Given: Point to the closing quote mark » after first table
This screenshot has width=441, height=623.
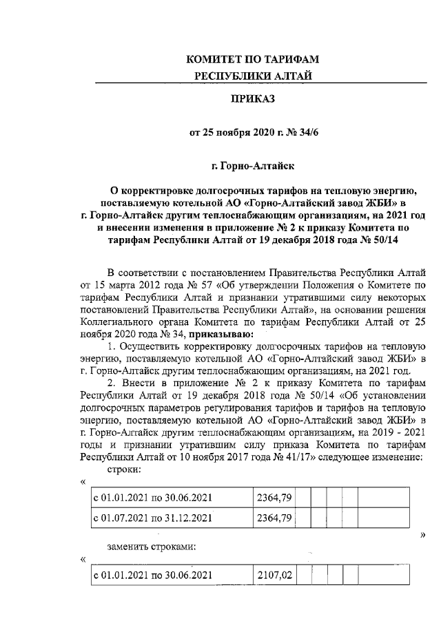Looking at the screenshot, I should (422, 535).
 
